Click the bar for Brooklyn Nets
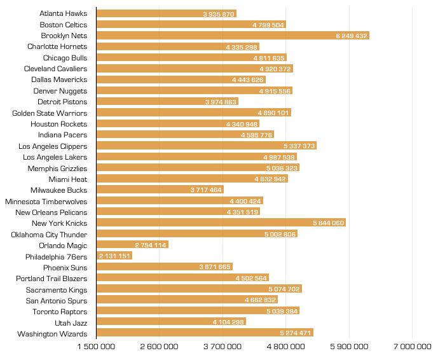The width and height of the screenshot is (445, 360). (x=233, y=36)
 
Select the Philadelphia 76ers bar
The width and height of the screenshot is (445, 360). (x=114, y=256)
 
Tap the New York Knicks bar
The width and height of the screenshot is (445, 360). (x=221, y=223)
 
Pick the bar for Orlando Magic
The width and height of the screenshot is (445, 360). (x=132, y=245)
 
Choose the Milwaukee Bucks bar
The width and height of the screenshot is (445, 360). (x=160, y=190)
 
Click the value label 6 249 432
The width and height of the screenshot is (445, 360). (x=352, y=36)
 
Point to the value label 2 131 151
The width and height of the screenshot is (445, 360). (x=115, y=256)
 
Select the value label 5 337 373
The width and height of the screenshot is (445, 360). (x=299, y=146)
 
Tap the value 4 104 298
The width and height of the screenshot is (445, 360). (x=228, y=322)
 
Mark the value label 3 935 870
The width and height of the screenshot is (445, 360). (x=219, y=13)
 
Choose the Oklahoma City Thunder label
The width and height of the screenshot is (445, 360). (x=49, y=234)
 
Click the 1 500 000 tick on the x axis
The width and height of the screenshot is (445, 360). (x=97, y=347)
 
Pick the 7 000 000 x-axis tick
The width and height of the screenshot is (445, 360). (x=412, y=347)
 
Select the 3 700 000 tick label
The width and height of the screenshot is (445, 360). (x=222, y=347)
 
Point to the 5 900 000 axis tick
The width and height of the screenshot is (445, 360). (x=349, y=347)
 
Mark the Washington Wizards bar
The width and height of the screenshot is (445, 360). (x=205, y=333)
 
